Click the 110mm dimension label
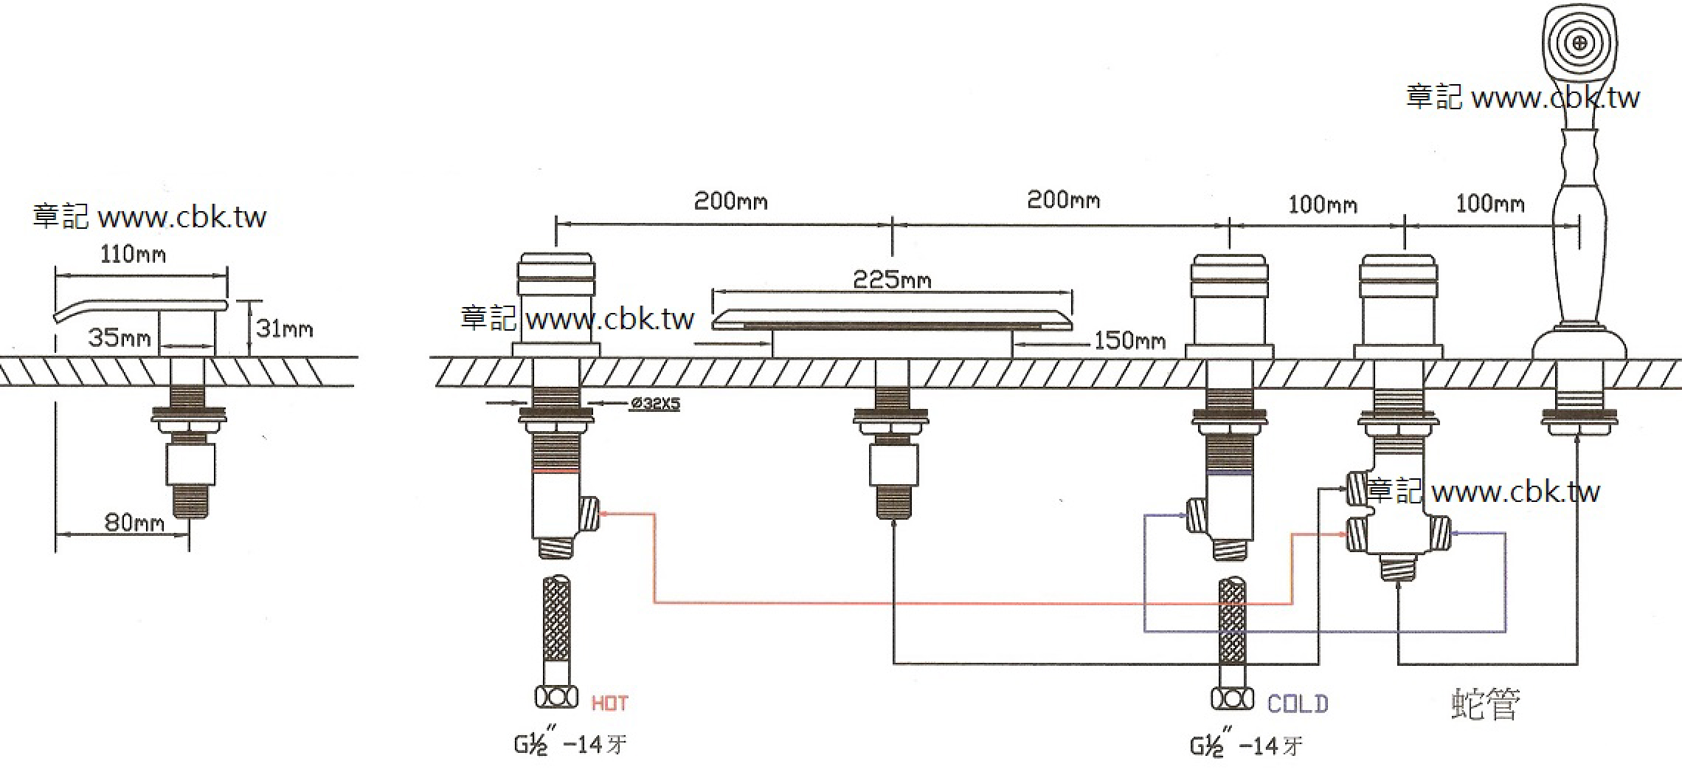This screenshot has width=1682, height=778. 134,255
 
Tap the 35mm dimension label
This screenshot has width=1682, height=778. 120,338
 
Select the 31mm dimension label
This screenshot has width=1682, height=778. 285,328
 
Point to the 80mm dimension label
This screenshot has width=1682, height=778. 134,523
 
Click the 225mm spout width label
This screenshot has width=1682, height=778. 892,280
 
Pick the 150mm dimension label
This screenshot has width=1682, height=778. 1129,340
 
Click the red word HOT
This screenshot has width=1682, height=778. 610,703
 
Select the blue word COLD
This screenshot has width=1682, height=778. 1298,703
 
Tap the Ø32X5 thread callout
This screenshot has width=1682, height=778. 655,404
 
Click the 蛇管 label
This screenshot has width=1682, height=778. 1485,704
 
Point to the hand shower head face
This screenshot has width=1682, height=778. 1579,43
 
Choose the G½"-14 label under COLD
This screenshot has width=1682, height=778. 1246,746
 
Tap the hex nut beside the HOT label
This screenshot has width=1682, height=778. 556,698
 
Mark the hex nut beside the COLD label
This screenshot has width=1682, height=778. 1232,698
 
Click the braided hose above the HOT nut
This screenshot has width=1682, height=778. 556,620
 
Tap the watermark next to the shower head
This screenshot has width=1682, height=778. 1523,97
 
